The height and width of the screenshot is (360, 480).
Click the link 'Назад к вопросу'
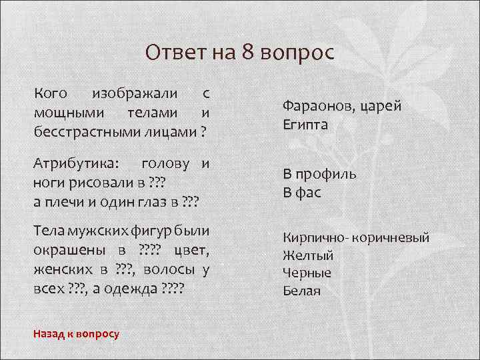tap(76, 333)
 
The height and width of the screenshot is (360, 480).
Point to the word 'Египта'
tap(305, 125)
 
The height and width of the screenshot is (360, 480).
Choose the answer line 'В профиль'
tap(319, 175)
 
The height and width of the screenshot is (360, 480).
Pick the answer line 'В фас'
tap(302, 193)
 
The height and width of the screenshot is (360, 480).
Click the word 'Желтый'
tap(308, 255)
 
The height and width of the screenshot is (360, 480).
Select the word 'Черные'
tap(307, 273)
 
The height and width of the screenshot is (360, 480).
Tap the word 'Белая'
tap(301, 291)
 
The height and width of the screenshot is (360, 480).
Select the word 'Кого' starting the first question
tap(50, 94)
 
